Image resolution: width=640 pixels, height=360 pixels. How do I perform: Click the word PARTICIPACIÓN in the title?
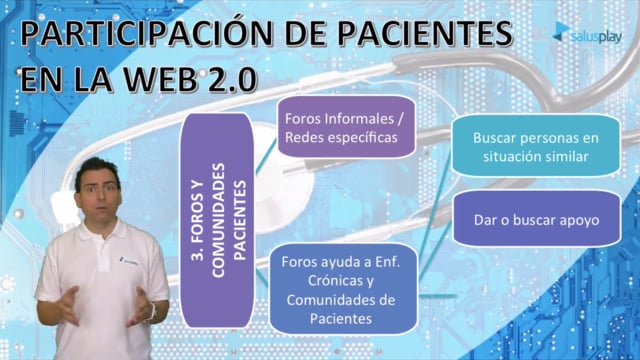tap(147, 33)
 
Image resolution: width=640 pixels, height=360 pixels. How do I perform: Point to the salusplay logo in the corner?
tap(587, 34)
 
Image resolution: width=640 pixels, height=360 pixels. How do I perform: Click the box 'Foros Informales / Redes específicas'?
tap(346, 127)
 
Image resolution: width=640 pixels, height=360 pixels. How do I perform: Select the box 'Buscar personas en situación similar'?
tap(536, 147)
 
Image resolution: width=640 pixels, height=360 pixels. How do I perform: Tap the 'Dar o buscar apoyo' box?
tap(536, 219)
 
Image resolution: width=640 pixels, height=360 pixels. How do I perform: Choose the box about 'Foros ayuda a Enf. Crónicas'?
tap(344, 289)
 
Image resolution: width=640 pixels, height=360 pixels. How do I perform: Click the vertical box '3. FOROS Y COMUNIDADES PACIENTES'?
tap(217, 220)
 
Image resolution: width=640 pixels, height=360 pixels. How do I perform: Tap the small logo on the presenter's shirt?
tap(129, 261)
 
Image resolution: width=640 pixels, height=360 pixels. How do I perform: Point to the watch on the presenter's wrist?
tap(153, 312)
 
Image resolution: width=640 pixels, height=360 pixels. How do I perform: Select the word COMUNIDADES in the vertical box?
tap(218, 221)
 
